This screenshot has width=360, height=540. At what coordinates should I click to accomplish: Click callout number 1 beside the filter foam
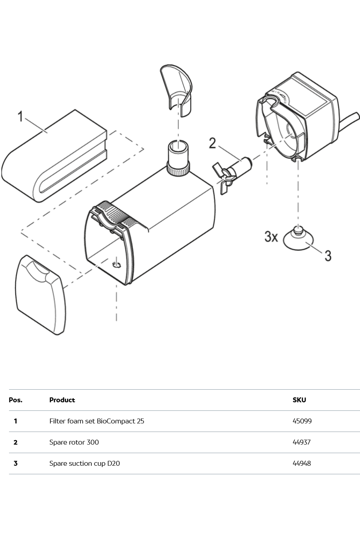(x=20, y=117)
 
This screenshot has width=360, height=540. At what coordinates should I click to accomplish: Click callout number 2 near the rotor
(x=212, y=144)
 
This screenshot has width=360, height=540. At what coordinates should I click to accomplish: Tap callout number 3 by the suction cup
(x=328, y=256)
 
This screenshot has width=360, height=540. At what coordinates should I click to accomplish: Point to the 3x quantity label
(x=271, y=237)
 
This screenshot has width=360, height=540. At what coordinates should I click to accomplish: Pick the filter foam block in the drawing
(x=54, y=157)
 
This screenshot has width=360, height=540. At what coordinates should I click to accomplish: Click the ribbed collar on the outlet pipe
(x=178, y=170)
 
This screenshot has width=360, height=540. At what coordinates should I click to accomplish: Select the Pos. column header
(x=16, y=400)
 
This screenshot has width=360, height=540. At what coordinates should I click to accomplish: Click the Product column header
(x=62, y=400)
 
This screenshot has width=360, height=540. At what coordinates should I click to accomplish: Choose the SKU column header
(x=299, y=400)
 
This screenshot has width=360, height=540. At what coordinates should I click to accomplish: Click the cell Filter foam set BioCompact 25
(x=97, y=421)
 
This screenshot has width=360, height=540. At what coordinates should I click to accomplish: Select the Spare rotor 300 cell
(x=74, y=442)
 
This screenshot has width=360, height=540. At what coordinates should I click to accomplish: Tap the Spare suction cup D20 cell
(x=85, y=463)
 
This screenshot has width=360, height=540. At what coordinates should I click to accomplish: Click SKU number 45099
(x=302, y=421)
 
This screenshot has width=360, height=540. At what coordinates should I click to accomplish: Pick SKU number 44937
(x=302, y=442)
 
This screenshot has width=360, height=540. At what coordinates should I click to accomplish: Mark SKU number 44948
(x=301, y=463)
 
